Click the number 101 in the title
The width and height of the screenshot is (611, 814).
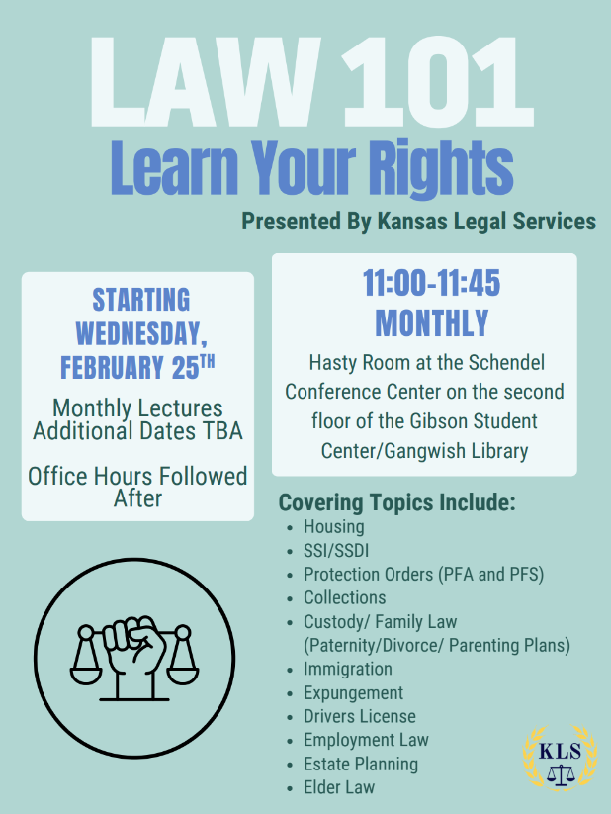pyautogui.click(x=438, y=81)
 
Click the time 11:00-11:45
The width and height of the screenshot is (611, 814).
pyautogui.click(x=431, y=283)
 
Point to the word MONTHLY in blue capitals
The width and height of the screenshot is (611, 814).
pyautogui.click(x=432, y=322)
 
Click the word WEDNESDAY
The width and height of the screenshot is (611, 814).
pyautogui.click(x=141, y=333)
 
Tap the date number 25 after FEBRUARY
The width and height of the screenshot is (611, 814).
pyautogui.click(x=185, y=368)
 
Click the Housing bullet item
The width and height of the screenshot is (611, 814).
pyautogui.click(x=334, y=527)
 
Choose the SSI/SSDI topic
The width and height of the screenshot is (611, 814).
pyautogui.click(x=336, y=551)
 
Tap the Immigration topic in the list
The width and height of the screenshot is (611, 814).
pyautogui.click(x=348, y=670)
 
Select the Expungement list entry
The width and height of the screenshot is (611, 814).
pyautogui.click(x=354, y=693)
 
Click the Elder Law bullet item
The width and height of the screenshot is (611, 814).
pyautogui.click(x=339, y=787)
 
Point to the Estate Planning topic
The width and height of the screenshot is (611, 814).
pyautogui.click(x=361, y=765)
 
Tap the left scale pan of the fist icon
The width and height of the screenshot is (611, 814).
pyautogui.click(x=86, y=675)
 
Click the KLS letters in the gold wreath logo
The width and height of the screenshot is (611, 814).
pyautogui.click(x=561, y=751)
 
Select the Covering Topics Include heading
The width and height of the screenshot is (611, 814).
pyautogui.click(x=397, y=502)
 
